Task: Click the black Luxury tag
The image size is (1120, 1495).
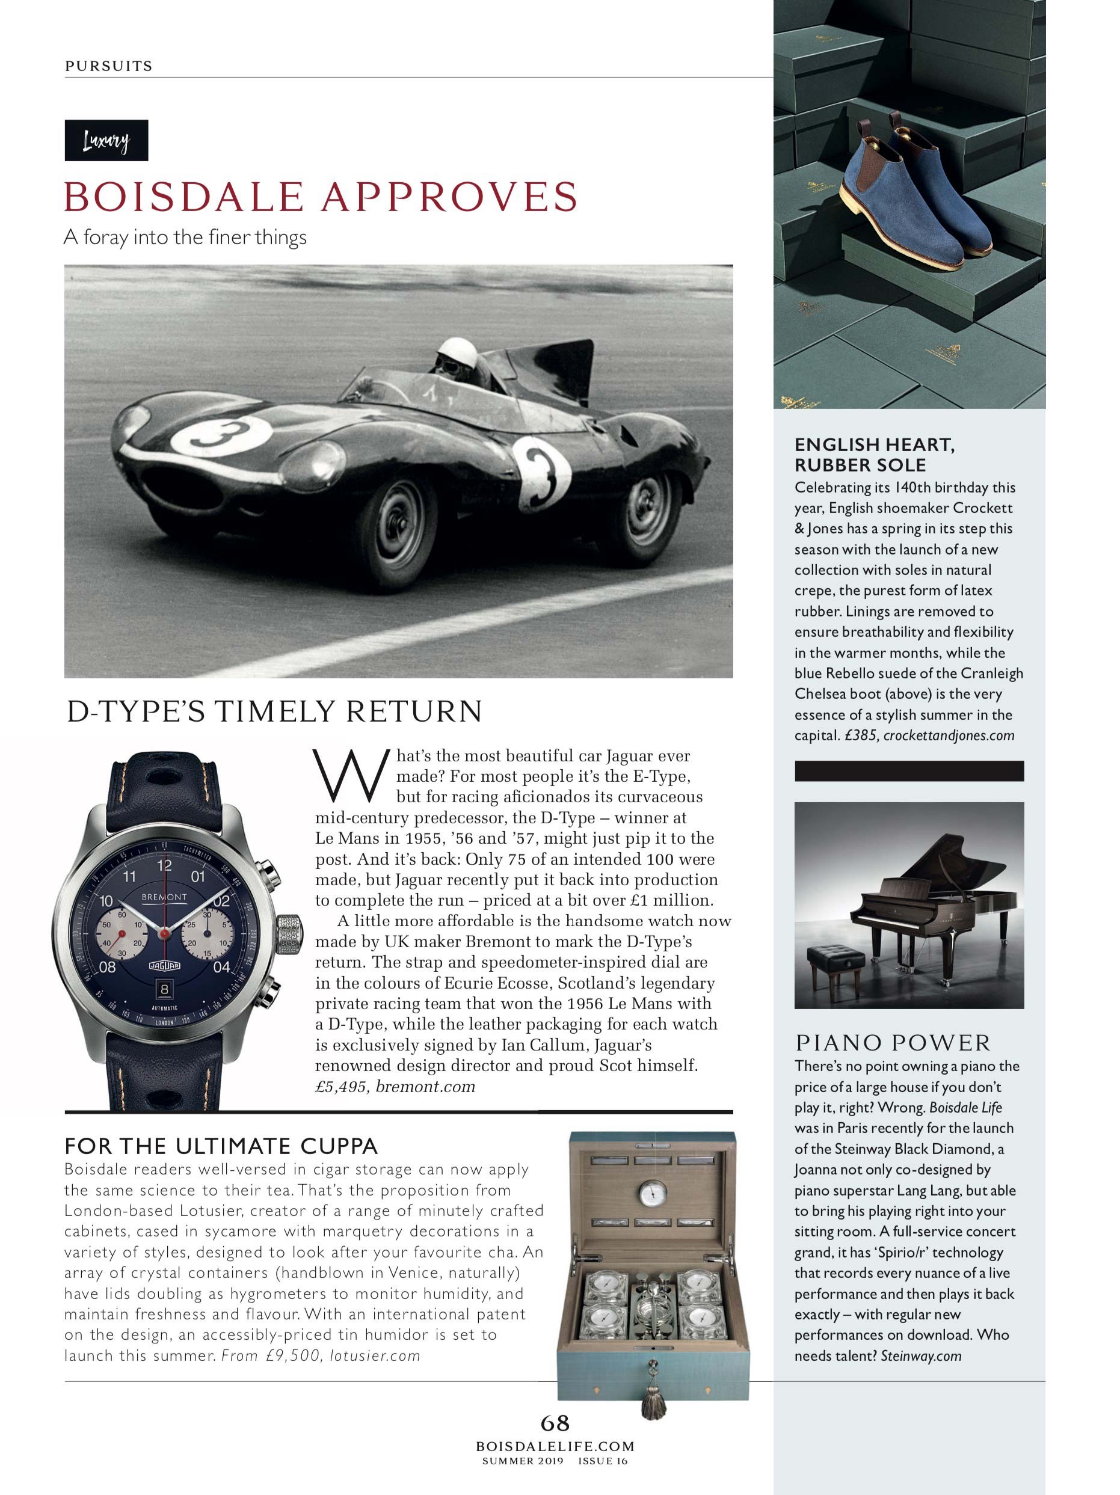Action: (106, 141)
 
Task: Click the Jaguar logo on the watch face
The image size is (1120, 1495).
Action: (164, 966)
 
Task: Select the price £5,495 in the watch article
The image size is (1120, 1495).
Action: (341, 1087)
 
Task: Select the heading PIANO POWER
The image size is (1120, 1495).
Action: (893, 1043)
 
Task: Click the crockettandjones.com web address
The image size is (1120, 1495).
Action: (949, 735)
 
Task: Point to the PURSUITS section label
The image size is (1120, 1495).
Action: (109, 66)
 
